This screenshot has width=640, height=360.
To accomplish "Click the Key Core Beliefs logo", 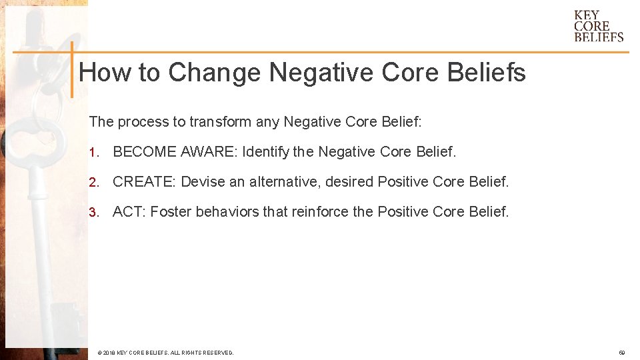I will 599,26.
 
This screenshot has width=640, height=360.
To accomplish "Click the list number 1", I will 94,152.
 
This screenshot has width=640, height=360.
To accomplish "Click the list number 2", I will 94,182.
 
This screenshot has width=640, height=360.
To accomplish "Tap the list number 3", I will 94,213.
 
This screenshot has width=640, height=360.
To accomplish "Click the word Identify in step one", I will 266,152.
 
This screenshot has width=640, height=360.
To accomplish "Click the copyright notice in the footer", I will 165,353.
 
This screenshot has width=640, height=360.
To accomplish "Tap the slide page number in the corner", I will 621,353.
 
